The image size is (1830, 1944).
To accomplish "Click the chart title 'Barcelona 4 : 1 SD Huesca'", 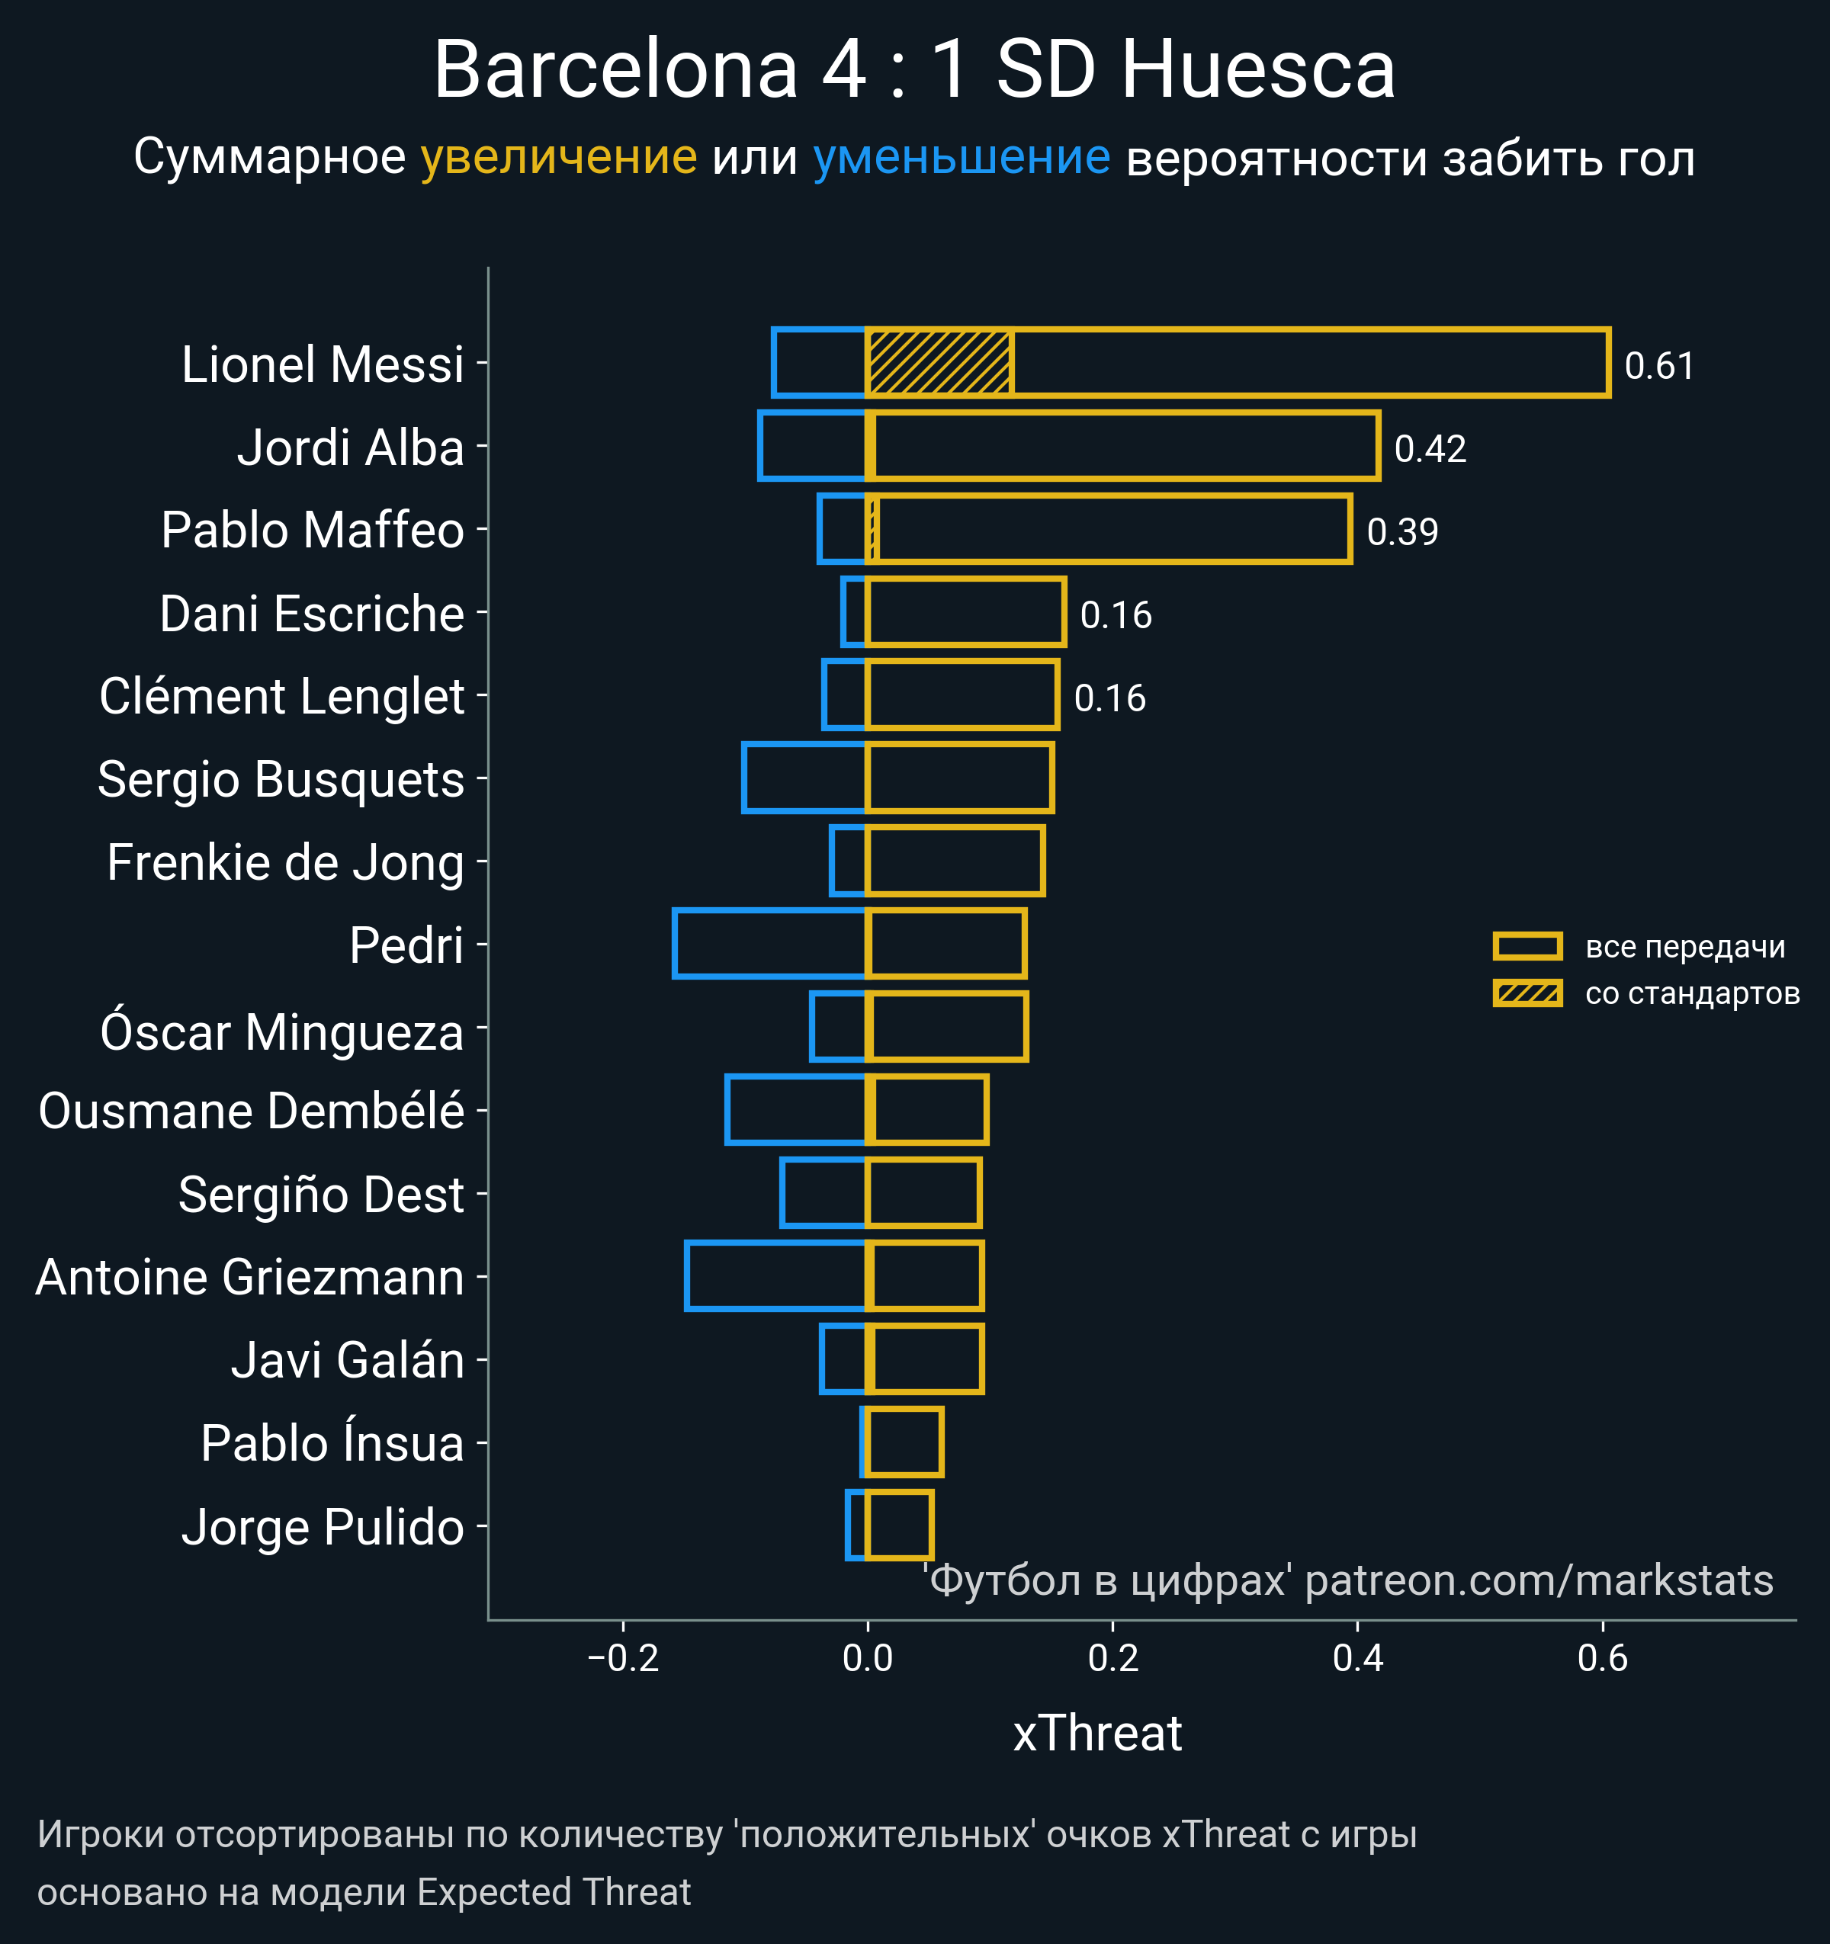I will (914, 70).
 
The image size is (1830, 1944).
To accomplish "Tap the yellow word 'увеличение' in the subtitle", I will (558, 158).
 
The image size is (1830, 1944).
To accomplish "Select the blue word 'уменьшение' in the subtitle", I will (962, 158).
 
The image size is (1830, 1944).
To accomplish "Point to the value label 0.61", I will (1659, 367).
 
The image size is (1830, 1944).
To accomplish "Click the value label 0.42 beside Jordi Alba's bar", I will (1430, 450).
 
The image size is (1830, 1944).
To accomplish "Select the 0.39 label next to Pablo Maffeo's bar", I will (1401, 533).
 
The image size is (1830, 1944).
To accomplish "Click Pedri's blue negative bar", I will (770, 944).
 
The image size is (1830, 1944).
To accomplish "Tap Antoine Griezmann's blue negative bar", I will (775, 1276).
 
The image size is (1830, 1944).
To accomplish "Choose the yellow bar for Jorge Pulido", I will (900, 1525).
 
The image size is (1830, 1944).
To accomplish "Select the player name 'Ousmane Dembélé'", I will (252, 1112).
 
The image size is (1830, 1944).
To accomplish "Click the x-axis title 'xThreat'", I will (1097, 1734).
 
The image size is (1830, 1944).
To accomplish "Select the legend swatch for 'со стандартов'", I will (1527, 993).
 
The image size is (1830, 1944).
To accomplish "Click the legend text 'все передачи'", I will (1685, 947).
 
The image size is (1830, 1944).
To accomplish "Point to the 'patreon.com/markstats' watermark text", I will (1539, 1581).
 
